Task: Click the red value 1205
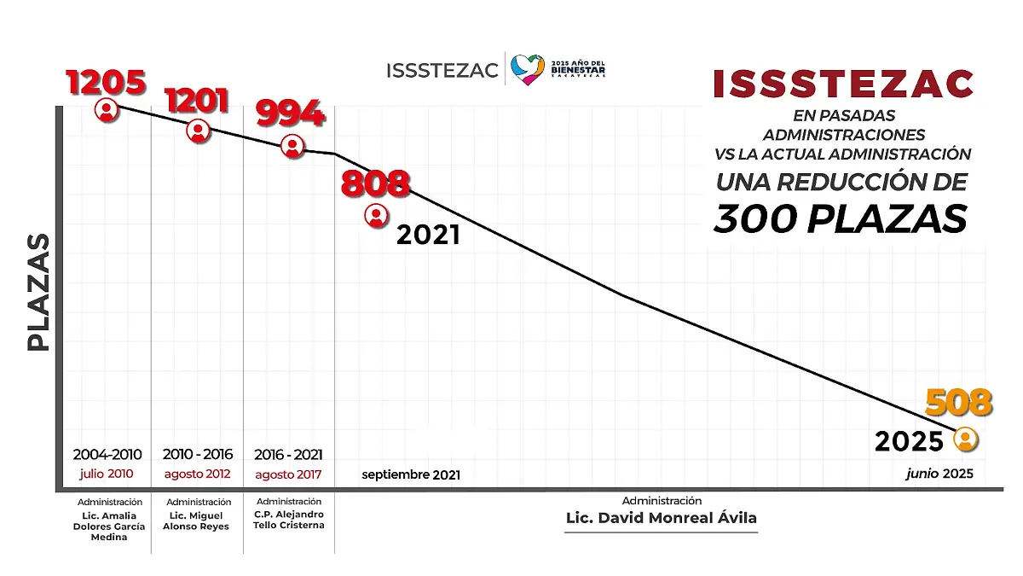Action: coord(107,83)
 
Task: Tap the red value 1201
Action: coord(197,101)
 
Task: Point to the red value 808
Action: coord(375,184)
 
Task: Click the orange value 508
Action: coord(959,402)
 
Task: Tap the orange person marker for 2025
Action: coord(965,440)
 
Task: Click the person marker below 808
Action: coord(376,216)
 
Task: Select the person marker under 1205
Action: coord(107,110)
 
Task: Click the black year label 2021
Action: coord(428,236)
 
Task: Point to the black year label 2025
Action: coord(909,441)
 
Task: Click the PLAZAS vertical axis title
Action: coord(38,291)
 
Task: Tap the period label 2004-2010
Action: coord(107,455)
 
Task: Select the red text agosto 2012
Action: coord(197,474)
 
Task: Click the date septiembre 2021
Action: coord(411,474)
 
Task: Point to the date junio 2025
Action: coord(939,474)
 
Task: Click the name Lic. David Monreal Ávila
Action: coord(661,518)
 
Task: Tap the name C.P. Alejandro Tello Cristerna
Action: coord(289,520)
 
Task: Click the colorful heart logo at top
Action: coord(528,69)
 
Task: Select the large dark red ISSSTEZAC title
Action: coord(842,84)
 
